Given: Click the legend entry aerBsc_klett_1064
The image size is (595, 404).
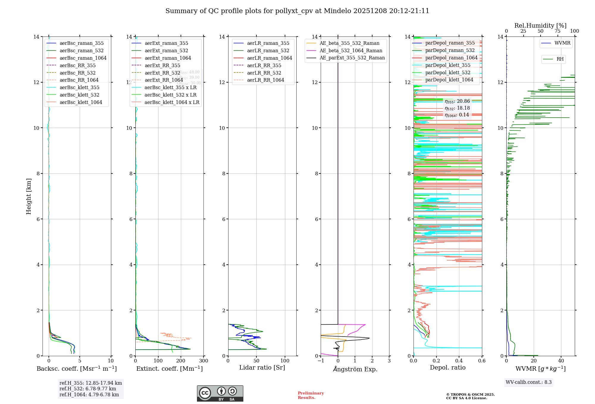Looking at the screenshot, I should [81, 102].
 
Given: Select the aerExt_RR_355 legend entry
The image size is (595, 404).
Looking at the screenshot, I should [162, 65].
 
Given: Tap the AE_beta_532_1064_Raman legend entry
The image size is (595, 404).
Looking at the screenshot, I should [351, 50].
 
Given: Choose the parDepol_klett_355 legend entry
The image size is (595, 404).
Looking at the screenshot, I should [448, 65].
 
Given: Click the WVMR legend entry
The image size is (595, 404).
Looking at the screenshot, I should [562, 43].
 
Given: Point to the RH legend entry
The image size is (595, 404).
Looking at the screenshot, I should [560, 59].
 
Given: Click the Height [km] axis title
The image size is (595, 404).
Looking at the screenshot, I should [29, 196].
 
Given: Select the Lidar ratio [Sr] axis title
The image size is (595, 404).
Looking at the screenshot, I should [262, 367].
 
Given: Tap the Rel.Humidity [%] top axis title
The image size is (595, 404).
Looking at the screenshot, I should [540, 26].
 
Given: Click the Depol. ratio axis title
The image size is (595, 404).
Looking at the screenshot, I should [447, 367].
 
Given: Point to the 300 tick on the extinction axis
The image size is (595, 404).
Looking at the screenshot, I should [204, 361].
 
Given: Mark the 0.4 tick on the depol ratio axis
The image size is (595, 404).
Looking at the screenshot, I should [459, 361].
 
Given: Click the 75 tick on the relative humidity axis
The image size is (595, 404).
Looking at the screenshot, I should [558, 31].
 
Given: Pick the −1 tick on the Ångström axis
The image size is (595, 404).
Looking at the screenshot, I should [321, 361].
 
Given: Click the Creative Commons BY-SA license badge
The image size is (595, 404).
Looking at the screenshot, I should [220, 393].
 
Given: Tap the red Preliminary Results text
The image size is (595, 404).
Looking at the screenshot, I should [311, 395].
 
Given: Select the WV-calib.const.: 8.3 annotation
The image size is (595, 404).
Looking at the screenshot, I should [528, 382].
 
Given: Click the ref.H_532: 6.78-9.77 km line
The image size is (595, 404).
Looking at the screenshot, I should [87, 389].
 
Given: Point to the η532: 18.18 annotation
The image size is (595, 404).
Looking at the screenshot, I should [457, 108].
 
